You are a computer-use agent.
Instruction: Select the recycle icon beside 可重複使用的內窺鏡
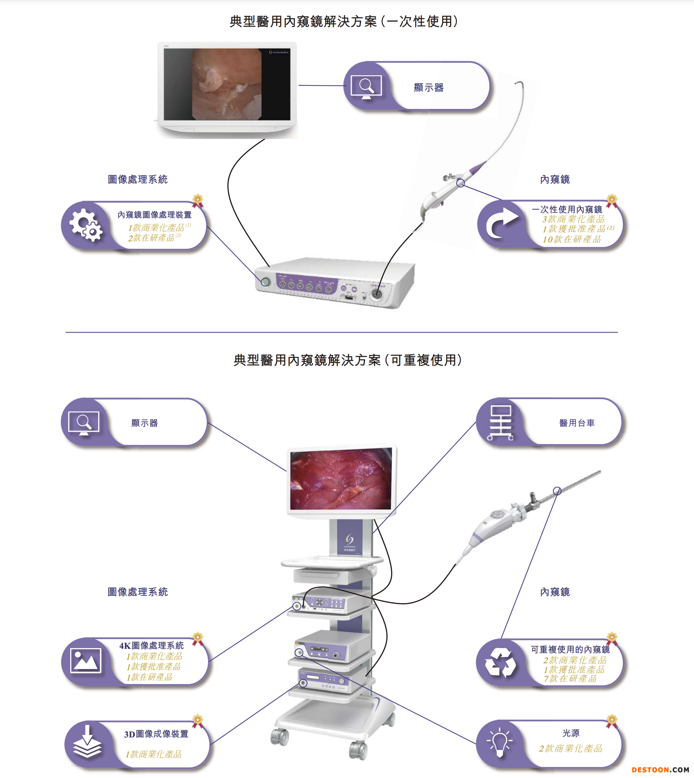pos(500,663)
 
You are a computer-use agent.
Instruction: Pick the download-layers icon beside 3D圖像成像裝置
pos(87,741)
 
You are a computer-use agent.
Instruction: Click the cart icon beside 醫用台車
pos(500,423)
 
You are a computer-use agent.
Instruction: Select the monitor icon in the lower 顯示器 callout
pos(84,423)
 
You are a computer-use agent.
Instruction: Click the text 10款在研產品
pos(572,239)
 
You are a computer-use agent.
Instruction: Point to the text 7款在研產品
pos(570,678)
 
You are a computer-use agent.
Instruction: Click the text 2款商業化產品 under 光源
pos(571,748)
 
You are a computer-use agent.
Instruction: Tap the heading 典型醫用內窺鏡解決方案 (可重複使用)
pos(347,360)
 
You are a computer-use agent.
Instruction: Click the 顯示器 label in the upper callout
pos(429,88)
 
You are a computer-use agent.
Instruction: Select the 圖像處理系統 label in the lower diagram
pos(137,592)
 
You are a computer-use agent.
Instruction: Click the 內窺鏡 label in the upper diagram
pos(555,179)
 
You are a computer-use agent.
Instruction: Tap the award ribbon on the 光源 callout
pos(612,721)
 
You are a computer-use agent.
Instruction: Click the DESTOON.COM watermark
pos(660,770)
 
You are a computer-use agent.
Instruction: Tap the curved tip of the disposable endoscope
pos(518,83)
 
